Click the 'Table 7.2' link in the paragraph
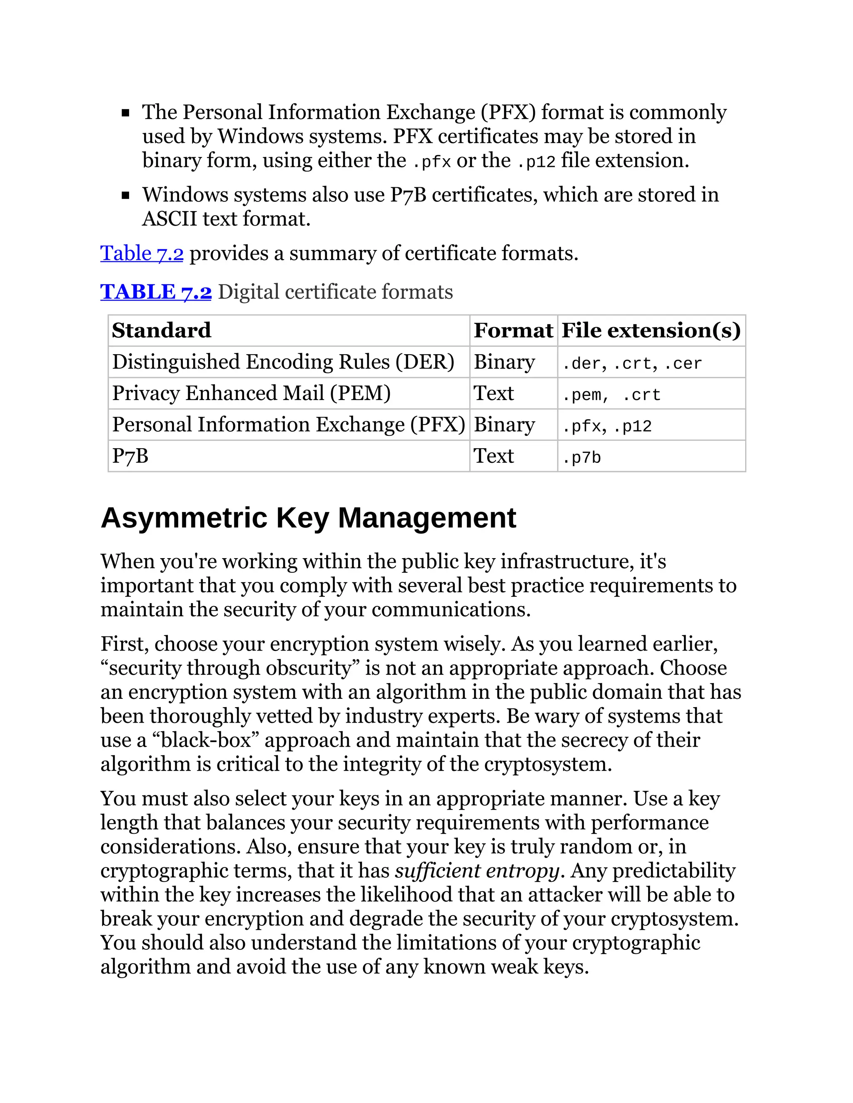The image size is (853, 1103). coord(142,253)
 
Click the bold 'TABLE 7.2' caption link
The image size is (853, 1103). coord(156,292)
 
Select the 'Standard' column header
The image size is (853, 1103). coord(161,330)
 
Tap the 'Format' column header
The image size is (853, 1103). coord(513,330)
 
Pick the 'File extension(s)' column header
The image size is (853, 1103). coord(651,330)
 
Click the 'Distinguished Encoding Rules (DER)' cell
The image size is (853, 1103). coord(283,362)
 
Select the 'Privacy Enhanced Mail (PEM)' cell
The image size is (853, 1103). coord(251,393)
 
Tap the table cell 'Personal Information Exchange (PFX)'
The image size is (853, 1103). coord(288,425)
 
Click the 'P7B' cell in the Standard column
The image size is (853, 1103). coord(130,456)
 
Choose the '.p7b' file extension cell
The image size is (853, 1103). coord(581,457)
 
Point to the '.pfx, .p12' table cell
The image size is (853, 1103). coord(606,426)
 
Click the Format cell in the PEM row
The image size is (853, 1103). coord(494,393)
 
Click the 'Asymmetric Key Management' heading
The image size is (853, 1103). coord(308,518)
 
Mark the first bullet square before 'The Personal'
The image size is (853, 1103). coord(126,113)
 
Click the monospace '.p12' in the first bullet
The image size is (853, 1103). coord(536,162)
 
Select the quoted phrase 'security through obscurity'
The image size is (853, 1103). coord(230,668)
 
